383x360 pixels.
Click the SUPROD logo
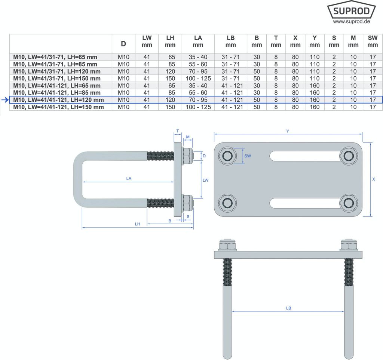coord(351,11)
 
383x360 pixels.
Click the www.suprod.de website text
coord(351,22)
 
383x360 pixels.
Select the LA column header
coord(198,41)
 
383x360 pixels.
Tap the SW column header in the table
coord(373,41)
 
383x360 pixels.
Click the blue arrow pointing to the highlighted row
coord(4,100)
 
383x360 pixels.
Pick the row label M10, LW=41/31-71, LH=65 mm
coord(55,57)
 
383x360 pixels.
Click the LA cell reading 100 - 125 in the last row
coord(198,107)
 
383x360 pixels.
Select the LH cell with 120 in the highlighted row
coord(170,100)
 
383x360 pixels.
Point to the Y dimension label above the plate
coord(287,131)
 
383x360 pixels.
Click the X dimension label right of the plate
coord(374,179)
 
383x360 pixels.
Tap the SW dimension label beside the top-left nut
coord(247,156)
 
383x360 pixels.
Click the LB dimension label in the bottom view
coord(288,308)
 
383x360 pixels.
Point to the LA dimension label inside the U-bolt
coord(129,179)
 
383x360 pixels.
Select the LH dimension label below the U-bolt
coord(137,224)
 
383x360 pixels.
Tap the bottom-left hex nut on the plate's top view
coord(227,203)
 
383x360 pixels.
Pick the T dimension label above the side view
coord(177,131)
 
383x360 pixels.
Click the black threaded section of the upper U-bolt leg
coord(160,156)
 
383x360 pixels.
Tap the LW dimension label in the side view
coord(205,180)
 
